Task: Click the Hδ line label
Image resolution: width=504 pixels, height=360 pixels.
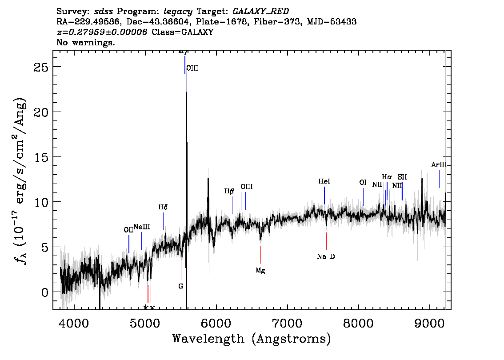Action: click(163, 208)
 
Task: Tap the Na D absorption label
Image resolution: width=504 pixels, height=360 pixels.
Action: click(326, 256)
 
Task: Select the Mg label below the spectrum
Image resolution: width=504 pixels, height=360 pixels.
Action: click(260, 270)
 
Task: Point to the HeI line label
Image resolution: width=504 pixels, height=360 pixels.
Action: click(324, 182)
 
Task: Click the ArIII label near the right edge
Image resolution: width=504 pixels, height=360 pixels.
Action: click(439, 165)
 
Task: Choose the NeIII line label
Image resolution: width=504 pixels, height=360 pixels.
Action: click(142, 227)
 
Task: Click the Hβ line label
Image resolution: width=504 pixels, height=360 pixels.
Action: click(229, 192)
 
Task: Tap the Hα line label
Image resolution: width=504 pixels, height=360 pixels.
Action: click(387, 177)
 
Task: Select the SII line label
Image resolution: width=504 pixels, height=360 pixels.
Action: click(402, 177)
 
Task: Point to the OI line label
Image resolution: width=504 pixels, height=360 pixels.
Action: click(363, 183)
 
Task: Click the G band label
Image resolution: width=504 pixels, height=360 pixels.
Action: click(180, 286)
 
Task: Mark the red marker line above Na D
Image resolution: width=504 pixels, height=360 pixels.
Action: click(326, 241)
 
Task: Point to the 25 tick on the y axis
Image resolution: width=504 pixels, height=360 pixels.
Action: click(41, 67)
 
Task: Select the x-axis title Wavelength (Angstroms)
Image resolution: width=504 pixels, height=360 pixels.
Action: click(252, 339)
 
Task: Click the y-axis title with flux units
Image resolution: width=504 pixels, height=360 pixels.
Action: click(20, 180)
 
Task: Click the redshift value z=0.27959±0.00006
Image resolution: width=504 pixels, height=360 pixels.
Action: click(102, 32)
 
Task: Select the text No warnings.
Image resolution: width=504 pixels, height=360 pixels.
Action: click(86, 43)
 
